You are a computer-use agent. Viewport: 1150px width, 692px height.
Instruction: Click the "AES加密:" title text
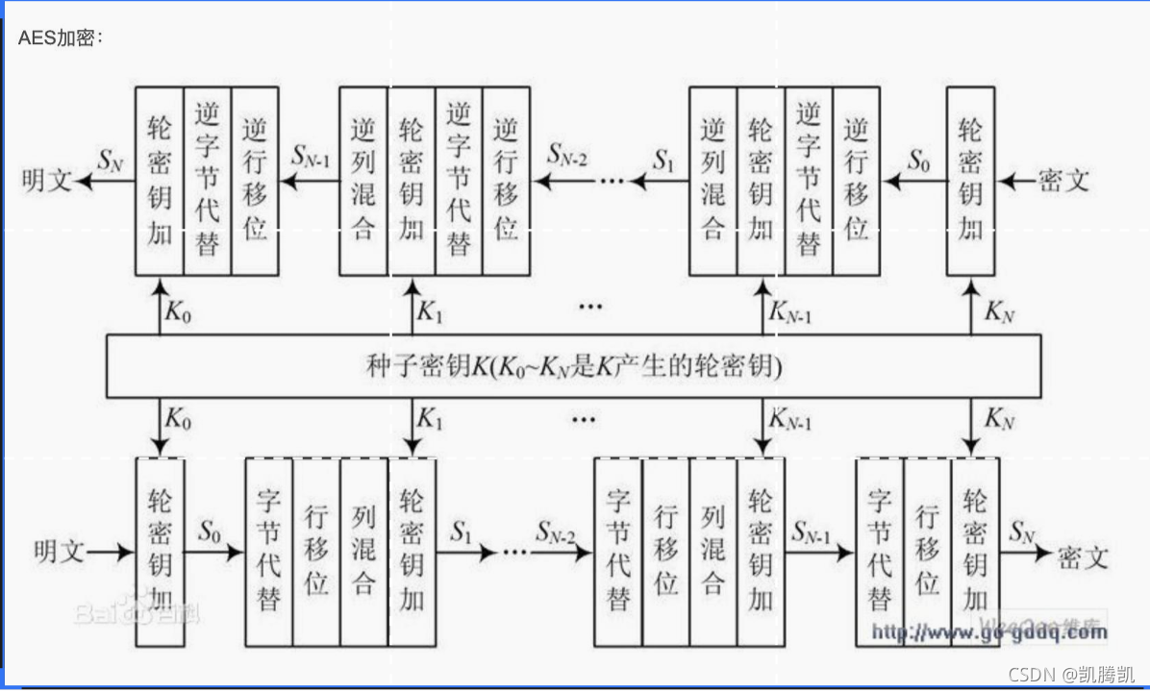click(60, 37)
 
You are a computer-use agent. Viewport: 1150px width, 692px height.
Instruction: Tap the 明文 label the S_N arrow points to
click(46, 180)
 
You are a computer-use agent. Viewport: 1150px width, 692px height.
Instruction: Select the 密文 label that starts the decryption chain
click(1063, 180)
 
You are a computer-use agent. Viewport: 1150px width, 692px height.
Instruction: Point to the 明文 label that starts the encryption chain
click(59, 552)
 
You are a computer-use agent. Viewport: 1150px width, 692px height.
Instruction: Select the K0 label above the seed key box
click(176, 312)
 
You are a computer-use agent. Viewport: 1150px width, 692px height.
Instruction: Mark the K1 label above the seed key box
click(431, 312)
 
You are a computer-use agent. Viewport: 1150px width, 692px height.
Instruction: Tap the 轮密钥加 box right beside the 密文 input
click(971, 180)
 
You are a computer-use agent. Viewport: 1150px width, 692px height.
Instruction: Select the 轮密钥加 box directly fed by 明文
click(160, 552)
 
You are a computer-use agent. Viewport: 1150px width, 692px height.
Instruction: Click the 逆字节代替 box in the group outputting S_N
click(207, 180)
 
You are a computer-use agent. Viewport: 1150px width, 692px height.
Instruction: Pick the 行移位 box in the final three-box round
click(927, 552)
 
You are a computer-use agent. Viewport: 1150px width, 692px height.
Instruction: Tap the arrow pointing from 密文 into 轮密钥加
click(1015, 180)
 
